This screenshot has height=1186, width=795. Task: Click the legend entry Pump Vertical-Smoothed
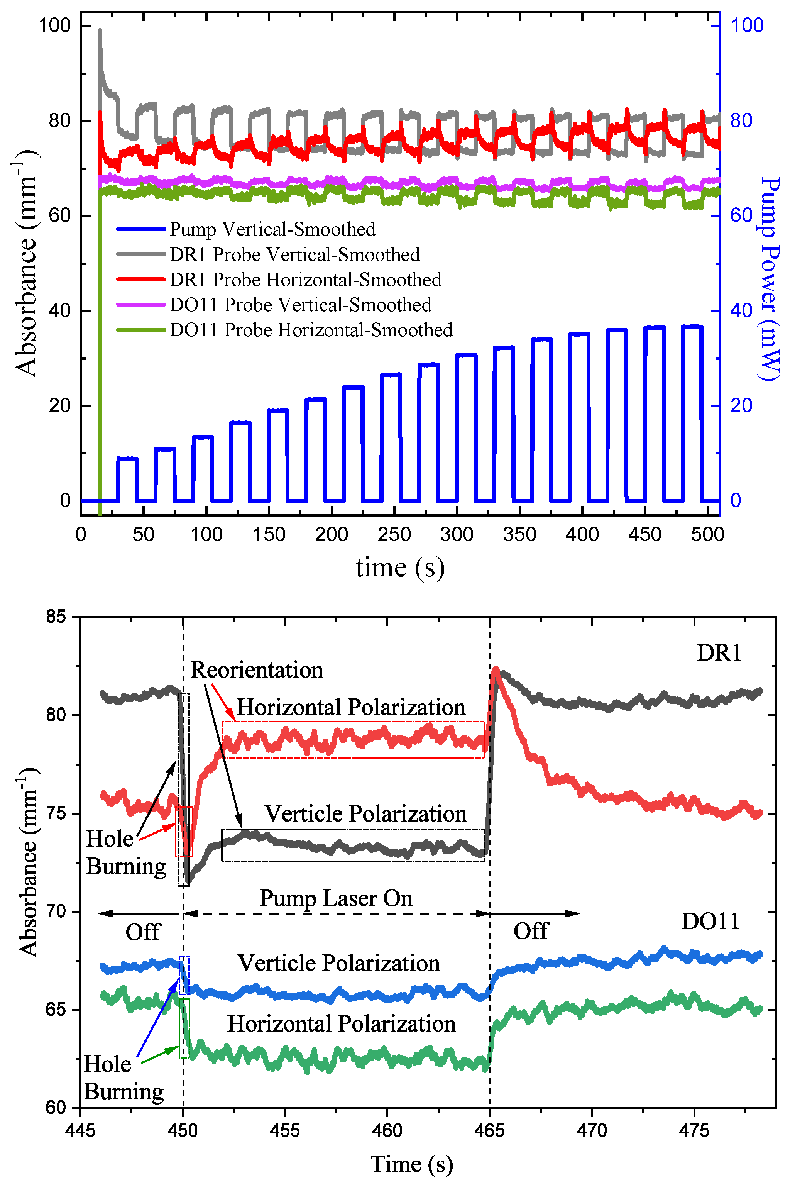pos(272,229)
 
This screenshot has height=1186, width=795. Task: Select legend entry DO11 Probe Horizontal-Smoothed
pos(310,330)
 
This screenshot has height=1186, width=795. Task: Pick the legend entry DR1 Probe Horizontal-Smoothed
pos(305,280)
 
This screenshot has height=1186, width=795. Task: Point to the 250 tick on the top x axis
pos(394,534)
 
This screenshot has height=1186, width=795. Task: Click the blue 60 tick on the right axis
pos(741,215)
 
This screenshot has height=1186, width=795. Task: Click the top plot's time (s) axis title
pos(400,568)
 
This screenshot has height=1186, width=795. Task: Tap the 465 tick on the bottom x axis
pos(489,1130)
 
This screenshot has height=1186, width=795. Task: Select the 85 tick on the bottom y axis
pos(56,617)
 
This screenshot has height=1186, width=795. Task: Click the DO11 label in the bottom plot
pos(710,921)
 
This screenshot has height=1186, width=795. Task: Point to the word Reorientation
pos(257,670)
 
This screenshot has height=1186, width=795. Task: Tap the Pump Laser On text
pos(336,898)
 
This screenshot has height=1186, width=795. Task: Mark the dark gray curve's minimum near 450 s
pos(188,882)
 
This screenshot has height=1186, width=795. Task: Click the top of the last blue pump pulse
pos(692,327)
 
